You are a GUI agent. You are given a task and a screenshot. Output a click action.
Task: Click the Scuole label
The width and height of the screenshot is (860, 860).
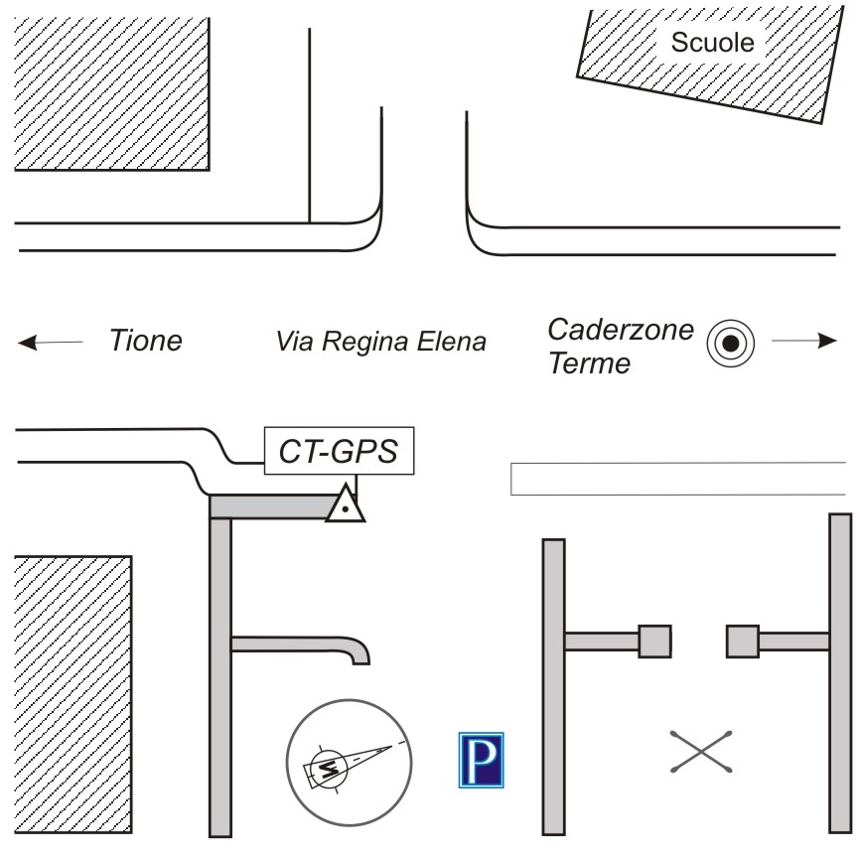coord(712,43)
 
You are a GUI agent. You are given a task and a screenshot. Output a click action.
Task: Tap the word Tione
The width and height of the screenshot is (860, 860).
coord(146,340)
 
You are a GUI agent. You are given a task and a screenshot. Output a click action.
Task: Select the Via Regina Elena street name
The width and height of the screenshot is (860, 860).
coord(381,342)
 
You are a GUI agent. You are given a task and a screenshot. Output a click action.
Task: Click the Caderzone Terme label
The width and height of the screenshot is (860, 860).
coord(621,346)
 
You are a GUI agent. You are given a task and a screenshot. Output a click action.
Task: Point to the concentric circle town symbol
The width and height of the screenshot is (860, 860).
coord(731,344)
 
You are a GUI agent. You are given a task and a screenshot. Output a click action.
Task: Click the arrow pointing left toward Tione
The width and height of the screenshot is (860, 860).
coord(51,343)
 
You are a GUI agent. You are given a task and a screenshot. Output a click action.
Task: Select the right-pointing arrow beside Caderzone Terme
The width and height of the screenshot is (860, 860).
coord(804,341)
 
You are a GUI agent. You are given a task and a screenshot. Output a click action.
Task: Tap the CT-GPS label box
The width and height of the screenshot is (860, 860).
coord(339,450)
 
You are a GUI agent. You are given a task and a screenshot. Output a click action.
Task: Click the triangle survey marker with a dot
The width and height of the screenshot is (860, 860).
coord(345,504)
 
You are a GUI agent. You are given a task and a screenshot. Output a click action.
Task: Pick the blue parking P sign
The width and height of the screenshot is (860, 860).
coord(481,760)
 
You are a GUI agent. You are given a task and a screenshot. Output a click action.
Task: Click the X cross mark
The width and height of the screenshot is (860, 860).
coord(701,752)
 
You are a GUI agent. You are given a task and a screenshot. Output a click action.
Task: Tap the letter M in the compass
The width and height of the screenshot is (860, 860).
coord(328,769)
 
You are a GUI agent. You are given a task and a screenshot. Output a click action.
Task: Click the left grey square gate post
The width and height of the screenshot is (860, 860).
coord(654,642)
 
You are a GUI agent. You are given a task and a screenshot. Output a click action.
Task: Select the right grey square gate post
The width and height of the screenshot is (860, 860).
coord(743,642)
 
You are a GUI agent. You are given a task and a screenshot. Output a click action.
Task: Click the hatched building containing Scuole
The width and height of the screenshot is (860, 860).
coord(711,66)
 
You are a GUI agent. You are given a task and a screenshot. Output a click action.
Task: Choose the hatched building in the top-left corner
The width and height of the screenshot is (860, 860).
coord(112,93)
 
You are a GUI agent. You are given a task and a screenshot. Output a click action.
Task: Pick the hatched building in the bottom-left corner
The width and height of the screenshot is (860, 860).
coord(72,695)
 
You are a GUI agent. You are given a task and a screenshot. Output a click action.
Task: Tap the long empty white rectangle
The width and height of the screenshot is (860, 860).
coord(678,479)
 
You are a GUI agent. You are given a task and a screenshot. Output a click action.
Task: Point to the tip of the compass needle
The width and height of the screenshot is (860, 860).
coord(392,747)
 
